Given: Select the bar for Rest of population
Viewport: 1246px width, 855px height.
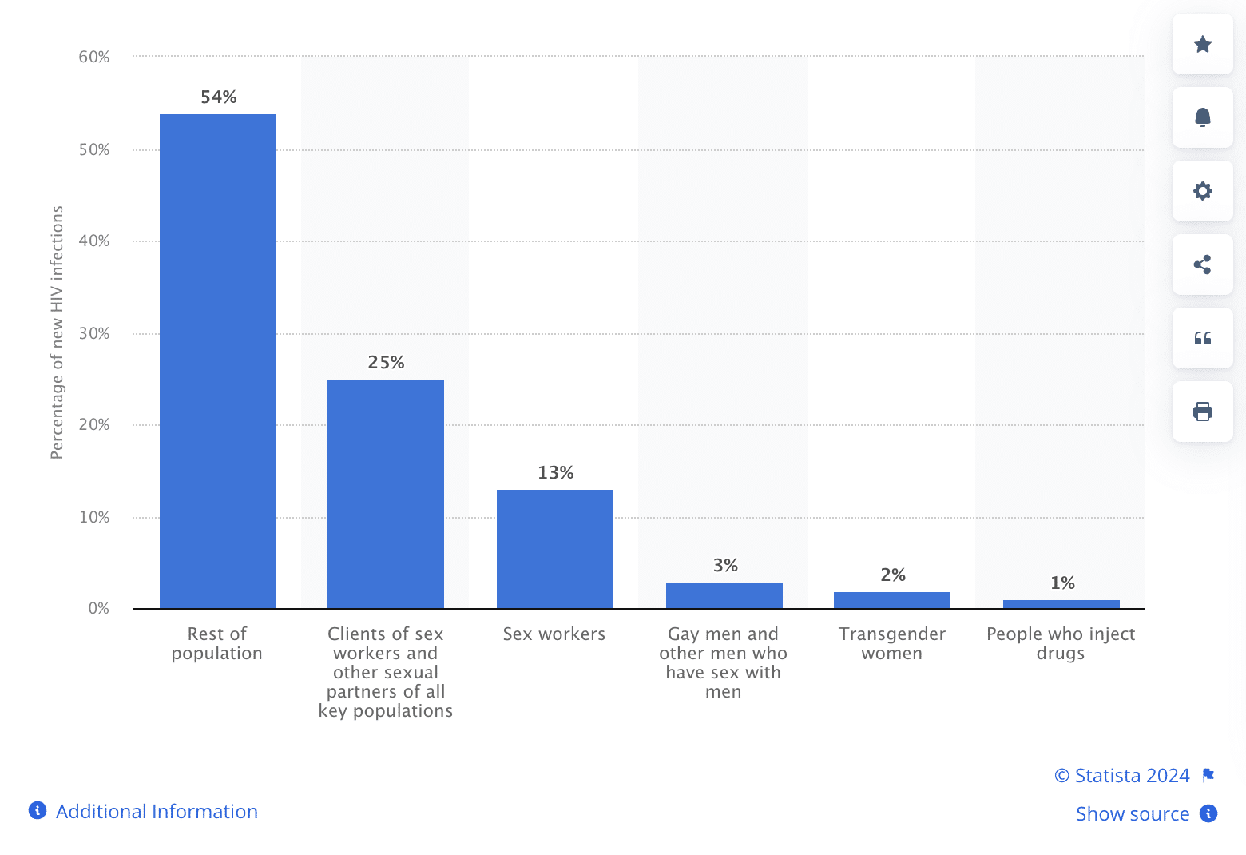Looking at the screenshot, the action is (x=218, y=361).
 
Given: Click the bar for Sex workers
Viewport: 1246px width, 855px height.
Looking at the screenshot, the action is (x=555, y=549).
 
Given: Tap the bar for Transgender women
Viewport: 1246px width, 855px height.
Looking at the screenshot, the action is (x=892, y=600).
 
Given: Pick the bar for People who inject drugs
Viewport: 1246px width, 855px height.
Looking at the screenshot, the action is (x=1061, y=604).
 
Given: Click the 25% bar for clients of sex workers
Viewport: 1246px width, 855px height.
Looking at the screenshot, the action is (x=386, y=494).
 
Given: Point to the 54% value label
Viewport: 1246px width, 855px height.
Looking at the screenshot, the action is (x=219, y=97).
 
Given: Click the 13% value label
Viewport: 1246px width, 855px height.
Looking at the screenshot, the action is (x=556, y=472).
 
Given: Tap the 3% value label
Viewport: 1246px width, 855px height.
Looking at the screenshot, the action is (x=725, y=566).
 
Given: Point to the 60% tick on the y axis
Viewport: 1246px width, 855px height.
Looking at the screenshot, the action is (x=94, y=57).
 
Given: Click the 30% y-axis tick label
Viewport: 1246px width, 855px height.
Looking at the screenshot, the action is (x=94, y=333).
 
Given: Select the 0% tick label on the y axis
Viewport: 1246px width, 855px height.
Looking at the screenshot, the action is (x=98, y=608).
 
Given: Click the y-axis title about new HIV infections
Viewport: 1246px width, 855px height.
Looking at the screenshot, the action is (x=57, y=332).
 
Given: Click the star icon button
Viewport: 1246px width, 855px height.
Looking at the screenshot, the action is (x=1203, y=45).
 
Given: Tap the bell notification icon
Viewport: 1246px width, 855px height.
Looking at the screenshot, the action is (x=1203, y=117).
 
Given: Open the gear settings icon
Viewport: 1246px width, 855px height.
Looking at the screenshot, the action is (x=1203, y=191).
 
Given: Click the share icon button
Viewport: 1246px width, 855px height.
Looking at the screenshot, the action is (x=1203, y=264).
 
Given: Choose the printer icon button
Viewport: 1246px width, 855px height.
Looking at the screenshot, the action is (x=1203, y=412).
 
